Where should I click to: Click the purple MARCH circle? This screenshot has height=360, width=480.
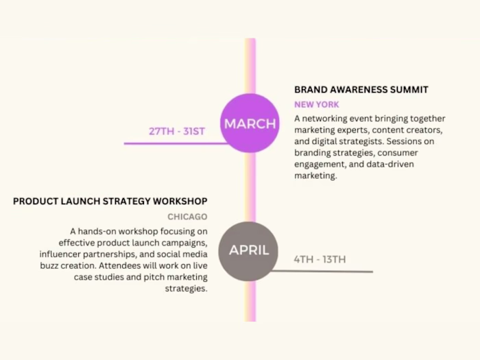pos(250,123)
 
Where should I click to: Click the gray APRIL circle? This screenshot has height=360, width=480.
pos(249,251)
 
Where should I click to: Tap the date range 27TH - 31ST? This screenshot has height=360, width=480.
pos(177,131)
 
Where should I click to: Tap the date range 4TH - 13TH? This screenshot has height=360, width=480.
pos(320,259)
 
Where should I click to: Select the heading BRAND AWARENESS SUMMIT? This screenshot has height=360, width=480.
pos(361,89)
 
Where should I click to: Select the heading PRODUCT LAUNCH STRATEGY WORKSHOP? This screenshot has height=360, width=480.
pos(110,201)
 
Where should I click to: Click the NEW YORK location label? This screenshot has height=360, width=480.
pos(316,105)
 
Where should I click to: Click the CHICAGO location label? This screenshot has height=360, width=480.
pos(188,217)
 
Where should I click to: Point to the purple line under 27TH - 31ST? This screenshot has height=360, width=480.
pos(175,143)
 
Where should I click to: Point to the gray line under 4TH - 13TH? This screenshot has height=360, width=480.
pos(322,272)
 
